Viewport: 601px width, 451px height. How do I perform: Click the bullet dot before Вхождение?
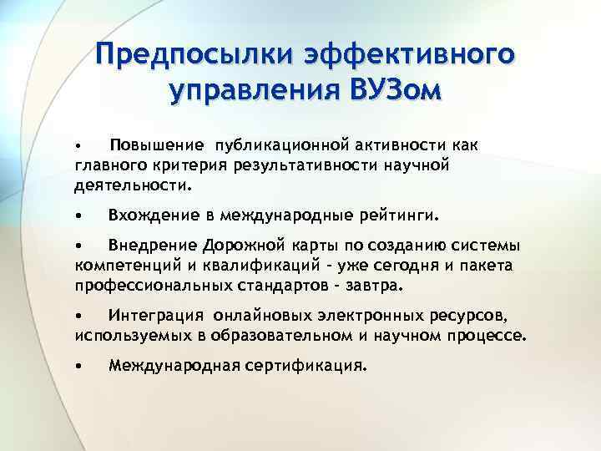pyautogui.click(x=78, y=216)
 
